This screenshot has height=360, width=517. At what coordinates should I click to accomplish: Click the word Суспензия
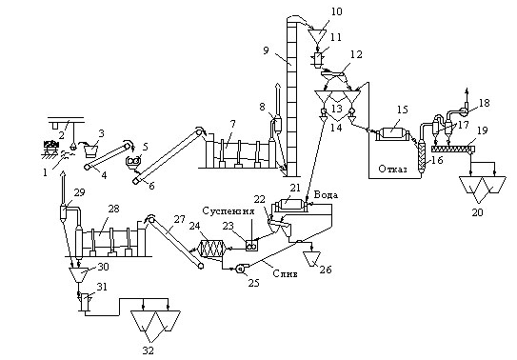coord(229,210)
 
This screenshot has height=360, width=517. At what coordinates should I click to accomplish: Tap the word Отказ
coord(392,170)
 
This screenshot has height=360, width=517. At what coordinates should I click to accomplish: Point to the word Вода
coord(326,195)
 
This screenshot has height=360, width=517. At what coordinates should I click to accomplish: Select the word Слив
coord(286,273)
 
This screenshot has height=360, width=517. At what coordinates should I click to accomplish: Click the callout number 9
coord(266,50)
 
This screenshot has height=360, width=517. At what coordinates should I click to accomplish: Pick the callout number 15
coord(402,110)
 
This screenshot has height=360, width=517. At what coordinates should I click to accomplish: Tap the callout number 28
coord(113,209)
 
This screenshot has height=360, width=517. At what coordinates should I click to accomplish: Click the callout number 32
coord(148,350)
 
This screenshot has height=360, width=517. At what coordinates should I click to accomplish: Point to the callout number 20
coord(477,212)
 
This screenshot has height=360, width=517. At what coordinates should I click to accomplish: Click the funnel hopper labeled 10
coord(317,35)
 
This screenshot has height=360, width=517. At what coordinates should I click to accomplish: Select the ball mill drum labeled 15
coord(392,134)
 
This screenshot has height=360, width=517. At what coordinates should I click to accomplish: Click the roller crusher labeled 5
coord(134,161)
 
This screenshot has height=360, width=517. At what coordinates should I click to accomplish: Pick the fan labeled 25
coord(241,269)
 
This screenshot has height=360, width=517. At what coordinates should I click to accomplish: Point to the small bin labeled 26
coord(312,257)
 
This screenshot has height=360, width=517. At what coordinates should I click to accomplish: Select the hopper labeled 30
coord(78,274)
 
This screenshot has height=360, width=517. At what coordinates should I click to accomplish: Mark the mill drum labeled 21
coord(290,205)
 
